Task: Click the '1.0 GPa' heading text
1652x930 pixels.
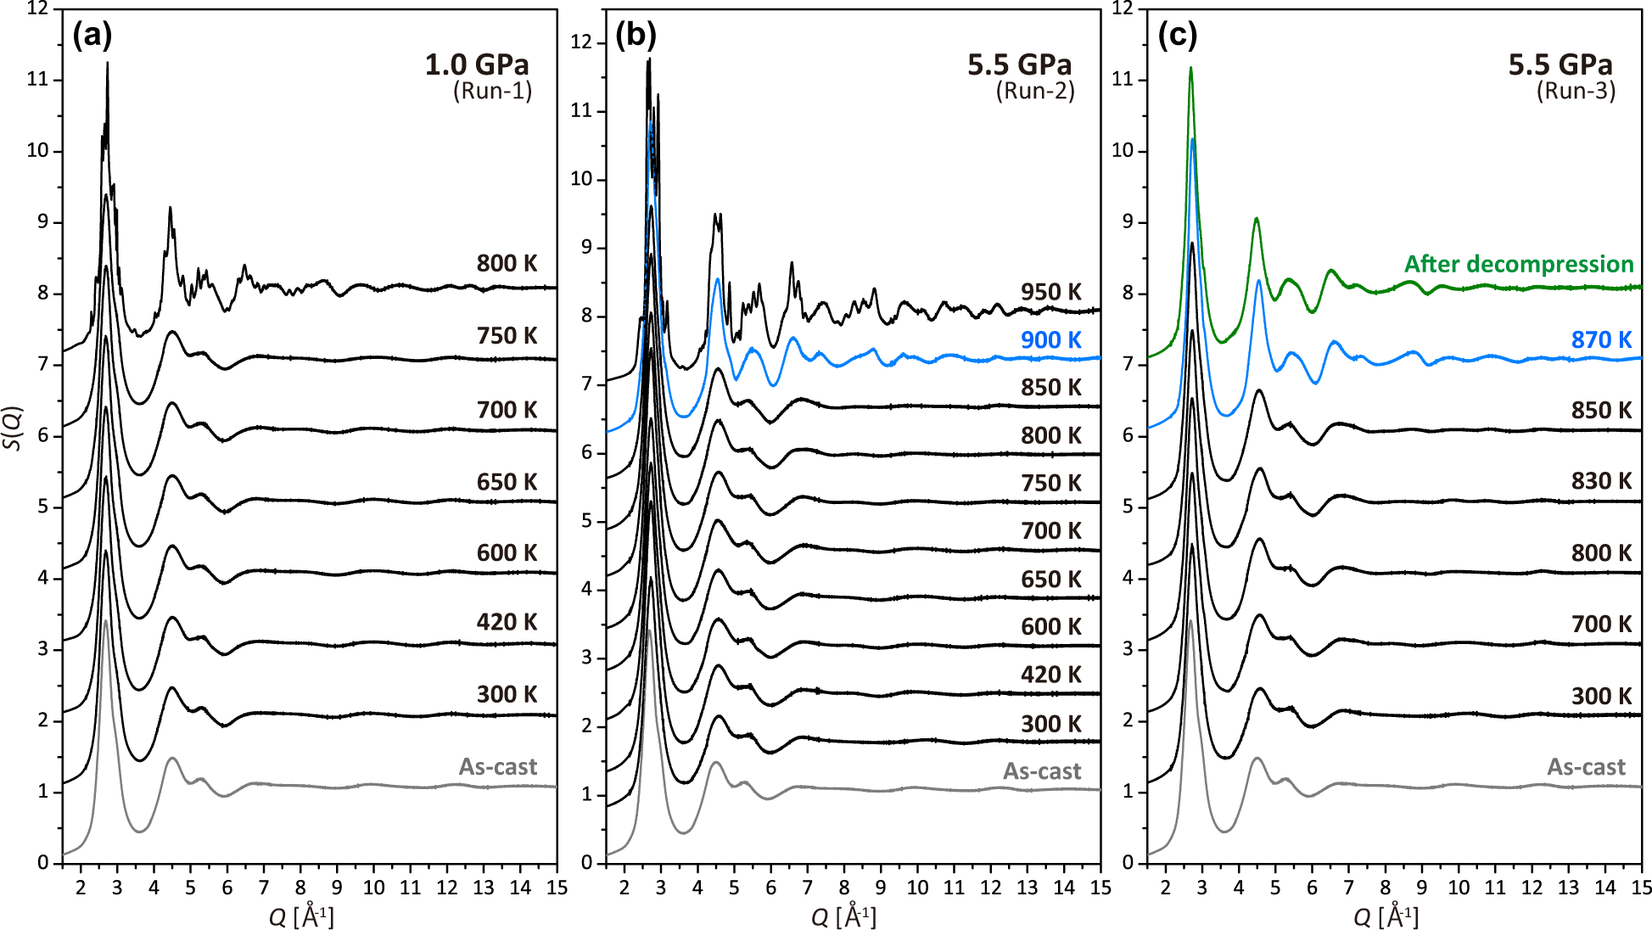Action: point(477,64)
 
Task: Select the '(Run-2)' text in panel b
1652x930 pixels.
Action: point(1035,91)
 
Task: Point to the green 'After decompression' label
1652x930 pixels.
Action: point(1518,264)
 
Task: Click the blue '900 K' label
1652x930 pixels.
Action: point(1050,340)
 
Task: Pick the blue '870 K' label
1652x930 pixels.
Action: point(1601,340)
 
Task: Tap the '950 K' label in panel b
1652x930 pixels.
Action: point(1050,292)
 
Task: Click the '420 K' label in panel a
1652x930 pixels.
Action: point(507,622)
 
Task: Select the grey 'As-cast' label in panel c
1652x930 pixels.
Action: point(1586,767)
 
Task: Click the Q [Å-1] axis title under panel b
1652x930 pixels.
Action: point(843,916)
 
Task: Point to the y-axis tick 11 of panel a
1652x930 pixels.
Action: point(37,80)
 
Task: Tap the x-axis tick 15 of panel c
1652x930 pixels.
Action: point(1641,888)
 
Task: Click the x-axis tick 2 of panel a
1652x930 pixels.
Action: point(81,888)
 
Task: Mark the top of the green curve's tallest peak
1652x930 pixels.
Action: point(1190,68)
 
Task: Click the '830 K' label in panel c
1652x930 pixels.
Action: point(1601,481)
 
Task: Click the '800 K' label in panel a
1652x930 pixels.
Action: point(507,263)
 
